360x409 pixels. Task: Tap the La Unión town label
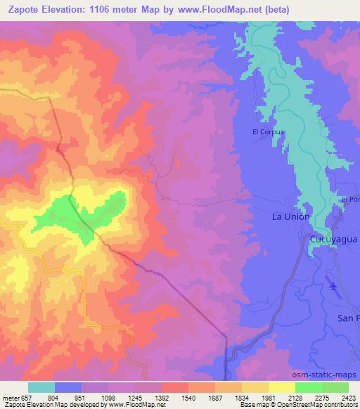tap(290, 217)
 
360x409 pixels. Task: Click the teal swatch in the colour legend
tap(41, 387)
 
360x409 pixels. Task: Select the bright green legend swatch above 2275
tap(308, 387)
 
